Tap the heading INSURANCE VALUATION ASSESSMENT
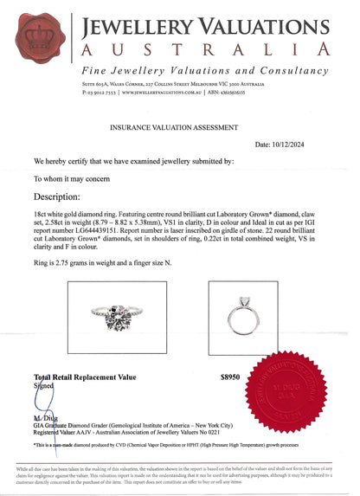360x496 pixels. click(x=179, y=126)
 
